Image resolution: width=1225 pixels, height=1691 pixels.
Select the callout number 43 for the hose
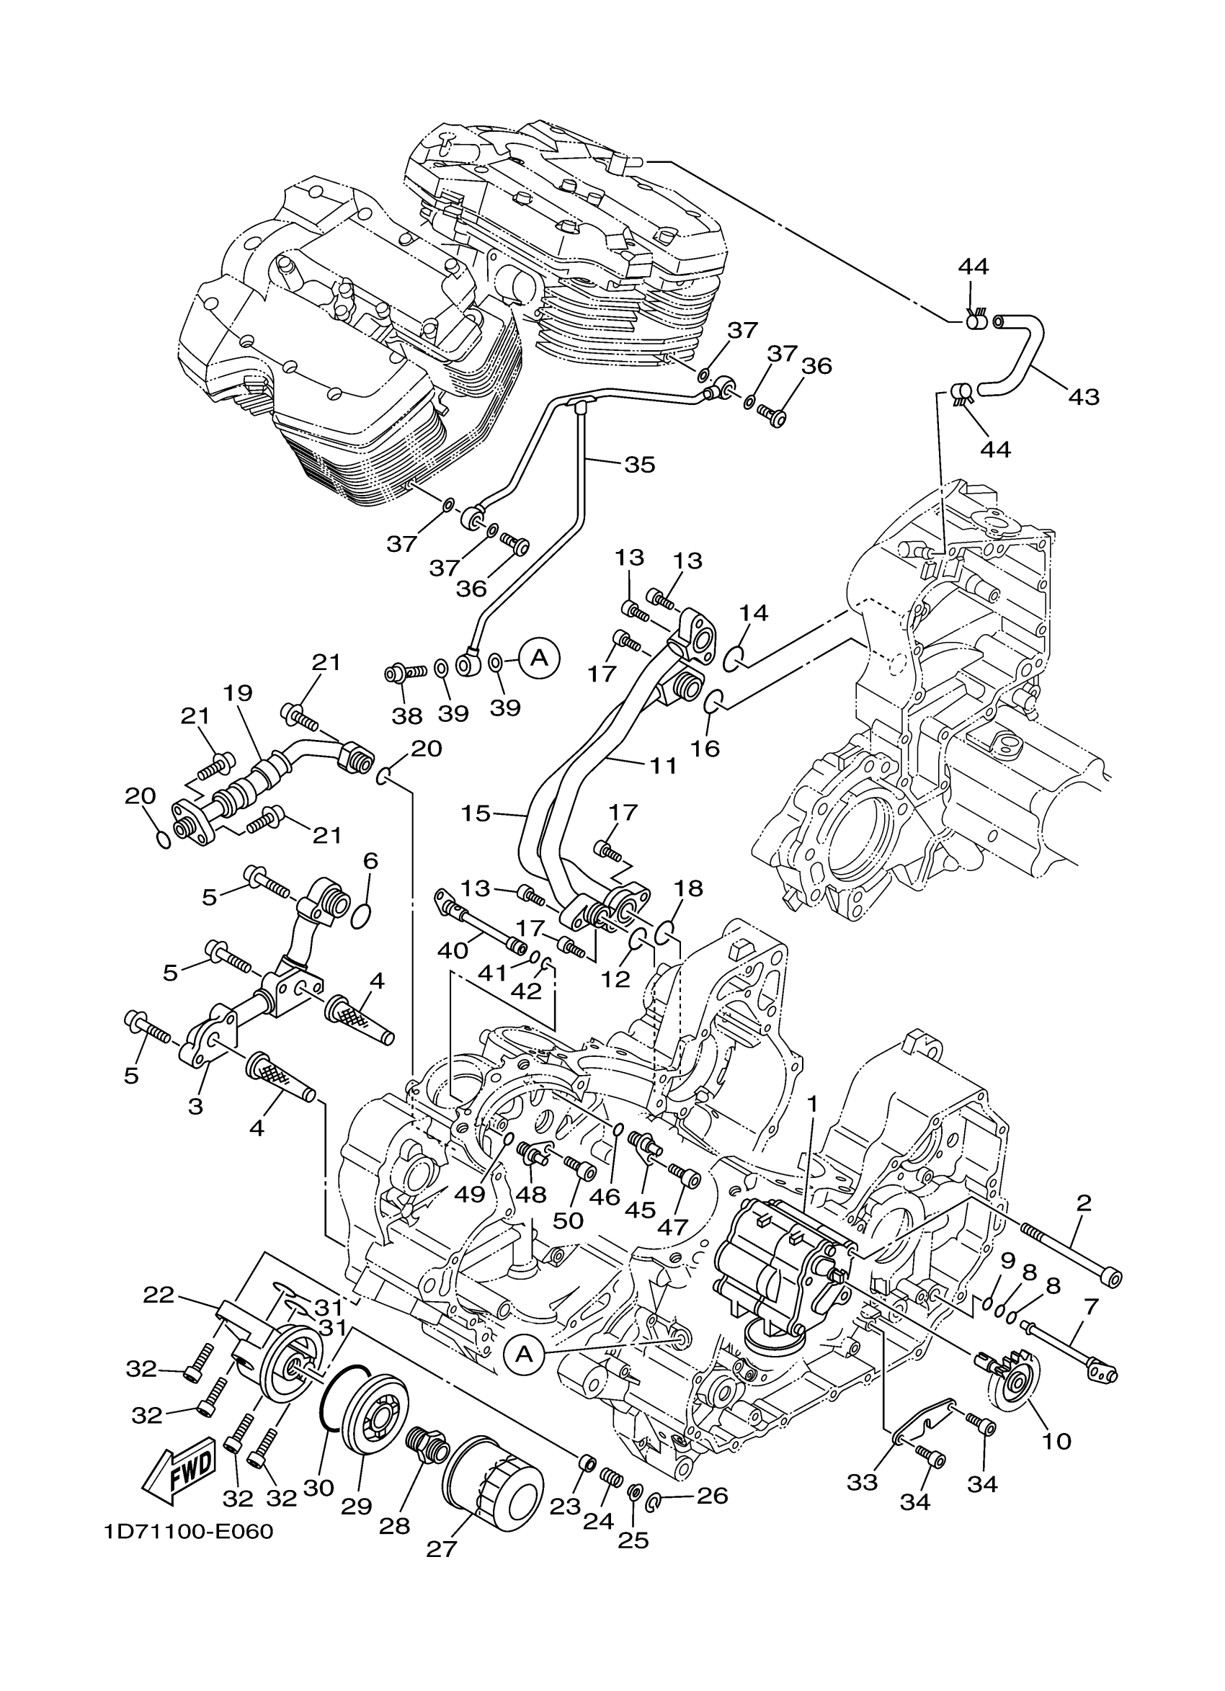pos(1083,397)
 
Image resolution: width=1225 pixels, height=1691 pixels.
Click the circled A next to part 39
pos(540,658)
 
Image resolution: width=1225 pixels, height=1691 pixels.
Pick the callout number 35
pos(639,465)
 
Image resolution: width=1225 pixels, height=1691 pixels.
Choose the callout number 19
pos(239,693)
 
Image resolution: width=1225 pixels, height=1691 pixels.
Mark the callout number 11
pos(662,766)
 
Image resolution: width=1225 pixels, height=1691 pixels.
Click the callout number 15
pos(476,813)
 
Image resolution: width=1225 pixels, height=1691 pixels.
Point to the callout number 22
pos(158,1295)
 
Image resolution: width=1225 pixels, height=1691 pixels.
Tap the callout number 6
pos(370,861)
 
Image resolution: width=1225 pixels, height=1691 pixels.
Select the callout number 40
pos(452,950)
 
